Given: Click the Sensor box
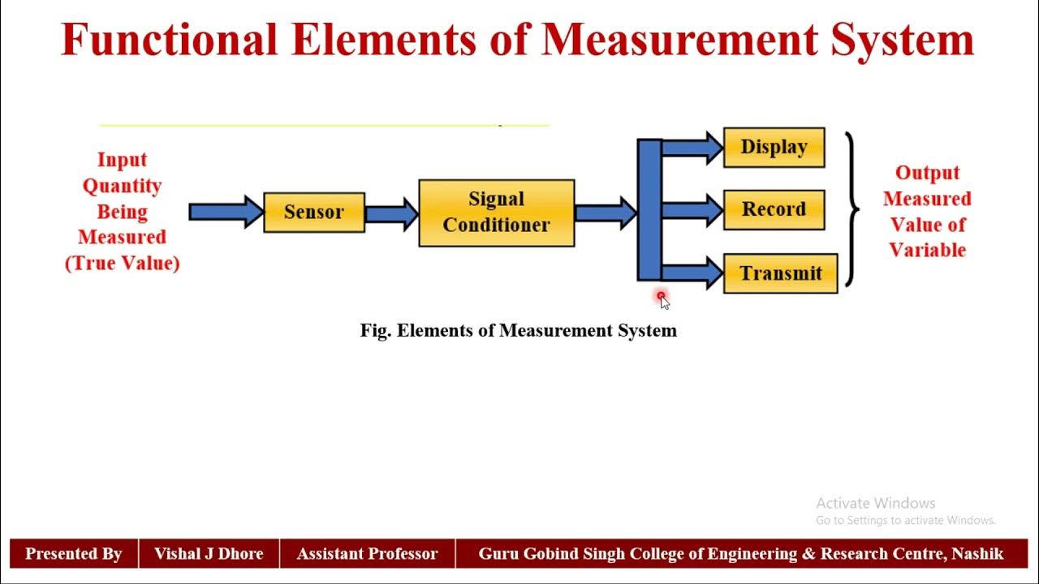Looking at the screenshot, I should pos(314,213).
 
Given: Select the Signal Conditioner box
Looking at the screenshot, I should pos(496,213).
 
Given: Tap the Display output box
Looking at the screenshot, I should pos(774,148).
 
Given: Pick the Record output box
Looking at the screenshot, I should pos(774,210).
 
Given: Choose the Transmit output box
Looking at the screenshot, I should pos(780,273).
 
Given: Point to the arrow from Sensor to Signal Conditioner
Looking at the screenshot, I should pos(391,213).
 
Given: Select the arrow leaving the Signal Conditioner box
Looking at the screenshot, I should pos(606,213).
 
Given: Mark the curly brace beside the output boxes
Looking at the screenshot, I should pos(851,210).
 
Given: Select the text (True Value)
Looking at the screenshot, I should pos(122,264).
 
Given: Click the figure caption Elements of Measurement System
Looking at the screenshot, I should pos(518,331).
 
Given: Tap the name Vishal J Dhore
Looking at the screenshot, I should pos(209,555).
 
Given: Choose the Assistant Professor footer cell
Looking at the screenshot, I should pos(367,555).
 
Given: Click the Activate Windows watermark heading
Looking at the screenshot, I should pos(875,504).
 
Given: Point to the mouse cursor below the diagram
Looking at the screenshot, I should pos(663,301).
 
